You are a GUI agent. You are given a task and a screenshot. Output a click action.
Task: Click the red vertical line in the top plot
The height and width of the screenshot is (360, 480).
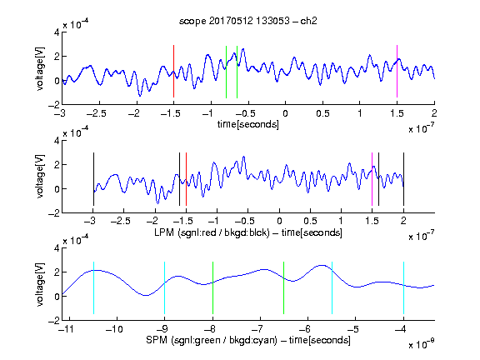(173, 72)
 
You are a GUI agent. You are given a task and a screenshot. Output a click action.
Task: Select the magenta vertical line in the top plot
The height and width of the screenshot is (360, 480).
(397, 72)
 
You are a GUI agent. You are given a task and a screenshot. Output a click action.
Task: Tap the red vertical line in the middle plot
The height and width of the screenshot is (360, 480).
(186, 179)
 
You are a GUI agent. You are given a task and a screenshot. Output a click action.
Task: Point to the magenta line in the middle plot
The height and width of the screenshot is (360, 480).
(372, 179)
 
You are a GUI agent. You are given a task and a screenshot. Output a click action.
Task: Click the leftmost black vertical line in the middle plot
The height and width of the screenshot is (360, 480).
(93, 179)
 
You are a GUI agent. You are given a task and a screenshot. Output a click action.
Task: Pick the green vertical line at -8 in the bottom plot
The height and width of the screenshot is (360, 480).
(212, 287)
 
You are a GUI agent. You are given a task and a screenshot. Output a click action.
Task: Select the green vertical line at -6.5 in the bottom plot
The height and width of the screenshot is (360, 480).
(284, 287)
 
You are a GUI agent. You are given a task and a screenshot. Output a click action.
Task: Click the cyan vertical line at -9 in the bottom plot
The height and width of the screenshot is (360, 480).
(165, 287)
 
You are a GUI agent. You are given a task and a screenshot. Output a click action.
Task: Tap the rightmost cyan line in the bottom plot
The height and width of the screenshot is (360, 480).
(404, 287)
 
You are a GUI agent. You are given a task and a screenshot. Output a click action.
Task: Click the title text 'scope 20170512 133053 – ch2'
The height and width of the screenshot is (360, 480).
(248, 21)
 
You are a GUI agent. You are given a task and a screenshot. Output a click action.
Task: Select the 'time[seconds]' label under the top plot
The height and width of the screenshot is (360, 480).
(248, 124)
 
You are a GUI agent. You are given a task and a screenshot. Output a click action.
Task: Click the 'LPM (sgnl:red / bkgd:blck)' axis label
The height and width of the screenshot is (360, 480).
(212, 232)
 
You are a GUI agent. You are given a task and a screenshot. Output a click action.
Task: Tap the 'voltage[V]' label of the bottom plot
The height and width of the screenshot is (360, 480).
(40, 284)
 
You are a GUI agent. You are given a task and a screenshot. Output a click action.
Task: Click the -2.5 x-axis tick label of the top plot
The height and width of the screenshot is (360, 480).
(97, 114)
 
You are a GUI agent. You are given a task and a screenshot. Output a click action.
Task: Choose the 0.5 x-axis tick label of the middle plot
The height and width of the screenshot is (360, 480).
(310, 221)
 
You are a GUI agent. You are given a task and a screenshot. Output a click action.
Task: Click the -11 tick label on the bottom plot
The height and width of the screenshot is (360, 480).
(66, 329)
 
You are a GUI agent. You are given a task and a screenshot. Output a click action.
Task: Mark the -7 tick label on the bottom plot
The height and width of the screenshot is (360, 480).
(257, 329)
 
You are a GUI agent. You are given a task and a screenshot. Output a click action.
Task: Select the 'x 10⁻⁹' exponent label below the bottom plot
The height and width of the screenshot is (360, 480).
(421, 344)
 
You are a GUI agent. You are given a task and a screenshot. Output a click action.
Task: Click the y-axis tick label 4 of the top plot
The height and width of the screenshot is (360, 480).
(57, 32)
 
